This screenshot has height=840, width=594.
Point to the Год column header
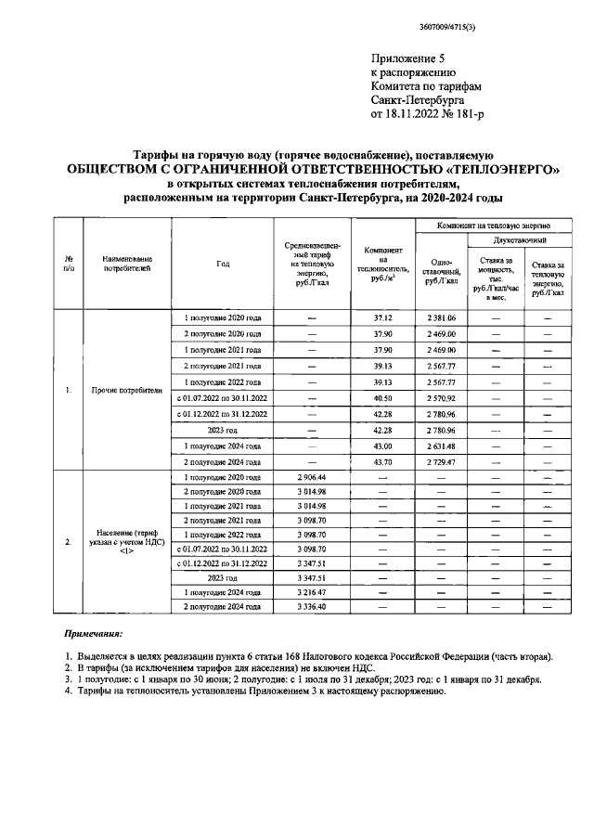223,264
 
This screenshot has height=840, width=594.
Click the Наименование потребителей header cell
121,264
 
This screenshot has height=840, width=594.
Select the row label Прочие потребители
121,390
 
